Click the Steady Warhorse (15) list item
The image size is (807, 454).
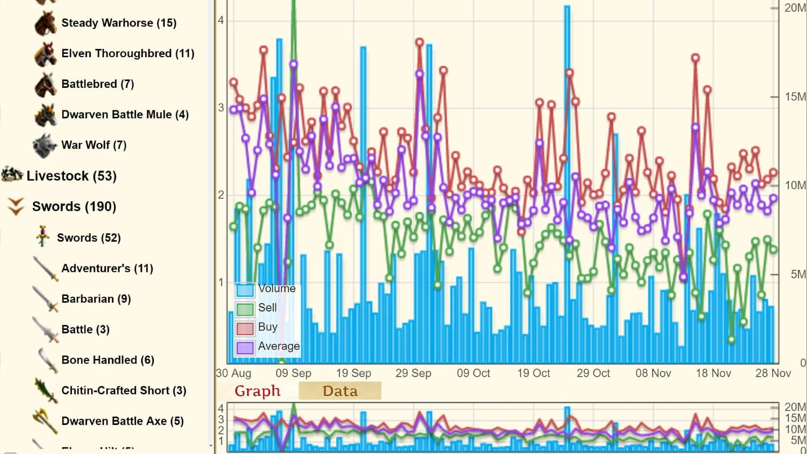coord(119,23)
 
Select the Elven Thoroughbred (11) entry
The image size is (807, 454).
coord(127,53)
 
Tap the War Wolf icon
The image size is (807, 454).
coord(45,145)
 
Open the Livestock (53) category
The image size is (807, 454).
coord(71,176)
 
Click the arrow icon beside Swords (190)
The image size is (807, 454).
coord(16,206)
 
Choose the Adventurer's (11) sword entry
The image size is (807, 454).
coord(107,268)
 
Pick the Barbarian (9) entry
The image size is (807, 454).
coord(96,299)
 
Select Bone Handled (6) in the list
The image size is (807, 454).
coord(108,360)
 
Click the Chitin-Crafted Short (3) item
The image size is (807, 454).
coord(124,391)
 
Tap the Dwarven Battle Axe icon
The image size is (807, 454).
coord(45,421)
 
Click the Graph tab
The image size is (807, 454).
coord(257,391)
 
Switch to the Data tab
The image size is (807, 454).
coord(340,391)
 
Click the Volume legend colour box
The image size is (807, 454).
coord(245,290)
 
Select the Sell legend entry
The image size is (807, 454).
coord(267,308)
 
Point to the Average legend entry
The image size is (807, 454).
coord(279,346)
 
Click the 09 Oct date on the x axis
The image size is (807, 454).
coord(473,373)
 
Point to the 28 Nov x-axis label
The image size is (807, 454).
coord(773,373)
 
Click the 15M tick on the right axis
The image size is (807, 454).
coord(795,97)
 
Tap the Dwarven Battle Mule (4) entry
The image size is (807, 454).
coord(125,115)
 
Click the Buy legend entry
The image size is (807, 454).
coord(268,327)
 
